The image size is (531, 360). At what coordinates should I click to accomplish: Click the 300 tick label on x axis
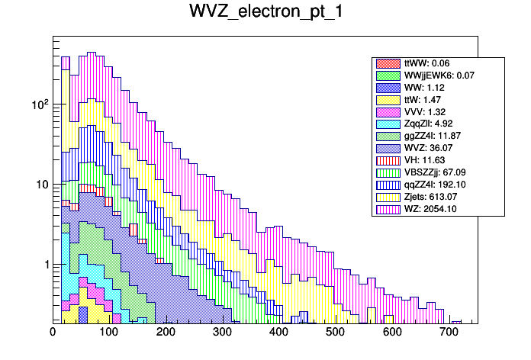tap(223, 333)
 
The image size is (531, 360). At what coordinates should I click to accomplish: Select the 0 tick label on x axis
tap(53, 333)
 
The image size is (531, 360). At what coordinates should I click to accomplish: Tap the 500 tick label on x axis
tap(336, 333)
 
